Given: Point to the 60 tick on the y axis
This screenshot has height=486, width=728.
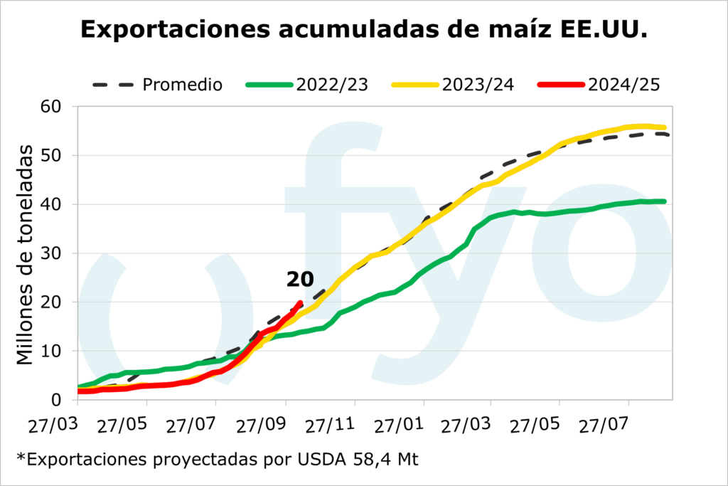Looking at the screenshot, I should click(x=53, y=107).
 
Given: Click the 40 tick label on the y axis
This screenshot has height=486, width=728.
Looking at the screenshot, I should click(x=53, y=204).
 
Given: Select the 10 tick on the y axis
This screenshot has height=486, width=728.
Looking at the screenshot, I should click(x=53, y=351).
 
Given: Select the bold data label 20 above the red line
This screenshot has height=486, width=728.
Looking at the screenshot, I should click(x=300, y=280).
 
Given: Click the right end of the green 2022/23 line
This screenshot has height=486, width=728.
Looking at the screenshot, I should click(x=664, y=201).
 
